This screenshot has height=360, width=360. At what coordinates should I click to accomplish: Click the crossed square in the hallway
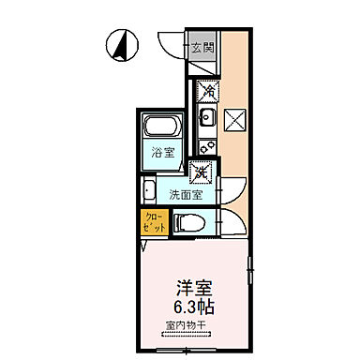coord(234,119)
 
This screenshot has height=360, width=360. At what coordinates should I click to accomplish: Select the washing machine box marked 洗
coord(199,172)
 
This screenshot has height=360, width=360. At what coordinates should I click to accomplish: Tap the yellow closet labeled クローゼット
coord(151,223)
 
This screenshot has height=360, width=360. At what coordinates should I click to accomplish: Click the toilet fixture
coord(188,222)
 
